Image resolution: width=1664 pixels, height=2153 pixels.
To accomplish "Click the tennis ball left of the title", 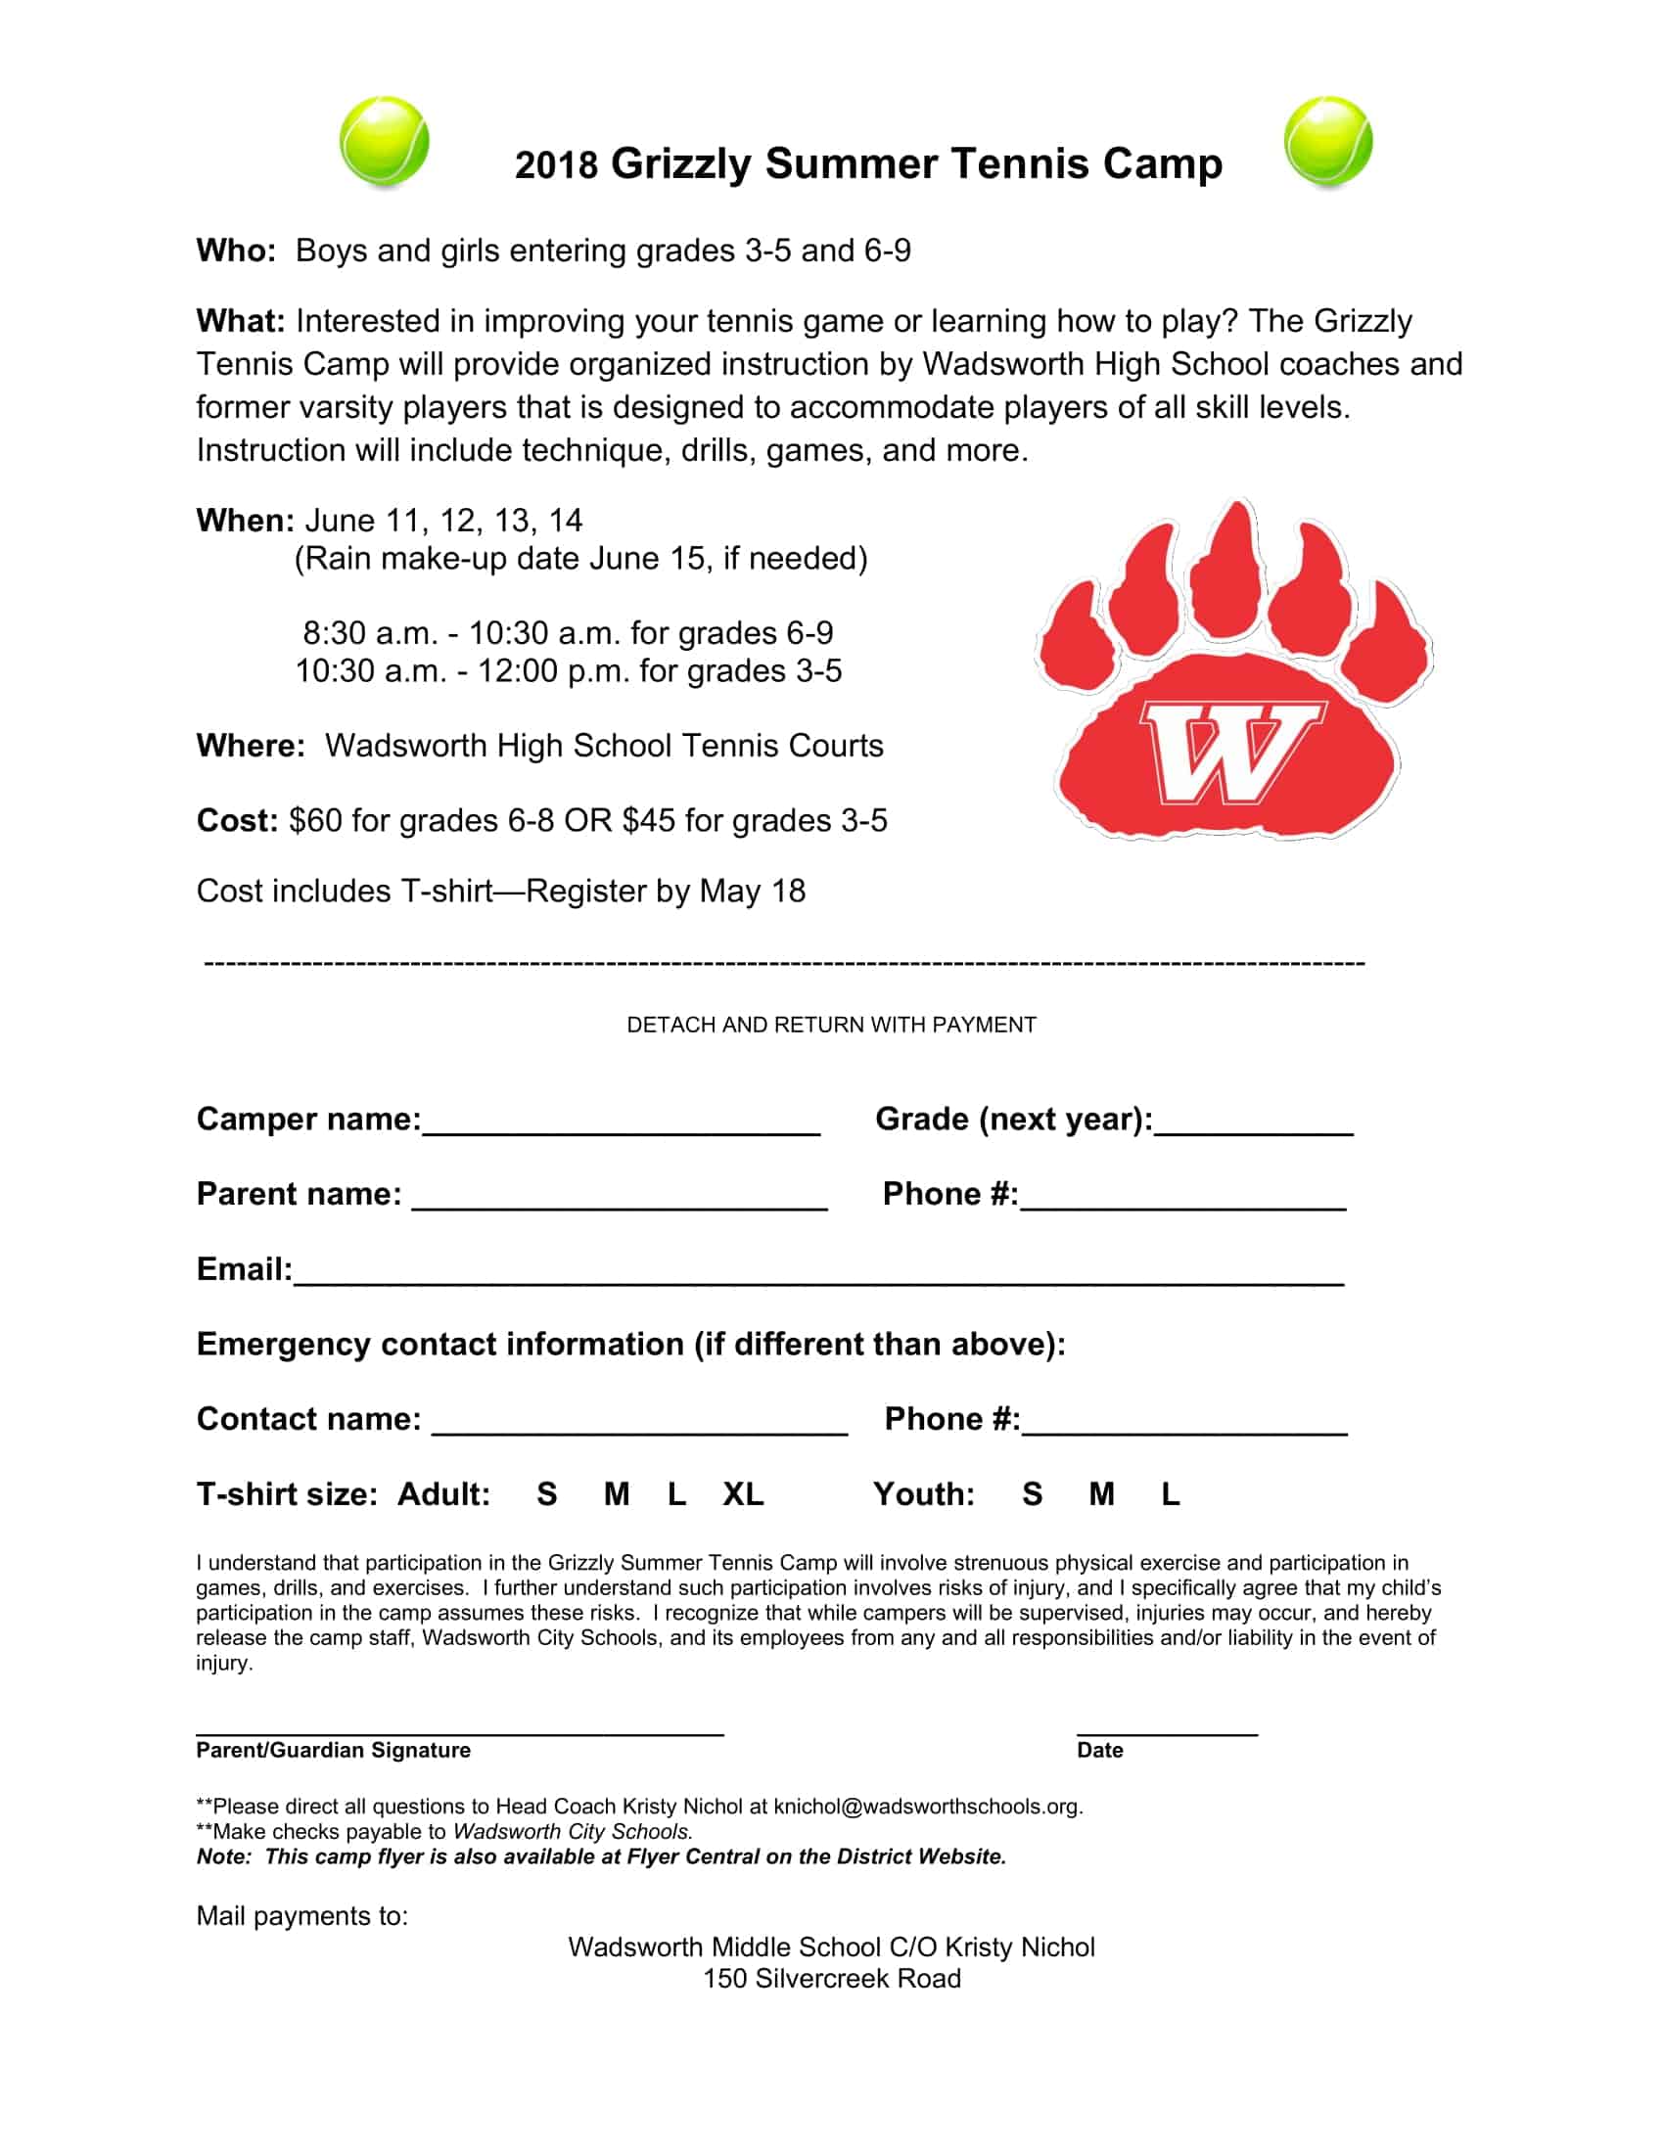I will [385, 141].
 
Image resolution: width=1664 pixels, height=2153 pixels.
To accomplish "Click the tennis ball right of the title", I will [1328, 141].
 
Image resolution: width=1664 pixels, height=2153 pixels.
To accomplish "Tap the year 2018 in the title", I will [556, 164].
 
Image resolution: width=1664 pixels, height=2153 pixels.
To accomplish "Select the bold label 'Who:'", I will [236, 251].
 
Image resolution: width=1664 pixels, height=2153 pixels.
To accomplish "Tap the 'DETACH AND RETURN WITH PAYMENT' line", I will [831, 1026].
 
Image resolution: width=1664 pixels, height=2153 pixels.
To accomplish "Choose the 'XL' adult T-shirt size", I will [743, 1494].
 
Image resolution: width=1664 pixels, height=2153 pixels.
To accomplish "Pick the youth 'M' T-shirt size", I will [1101, 1494].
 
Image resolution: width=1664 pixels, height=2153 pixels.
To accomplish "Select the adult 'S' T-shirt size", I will [547, 1494].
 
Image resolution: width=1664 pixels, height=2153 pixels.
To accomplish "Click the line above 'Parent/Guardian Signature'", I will [459, 1732].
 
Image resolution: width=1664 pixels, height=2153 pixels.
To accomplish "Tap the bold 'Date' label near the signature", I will [1099, 1750].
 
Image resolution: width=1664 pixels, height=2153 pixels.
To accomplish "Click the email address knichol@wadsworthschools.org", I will [927, 1806].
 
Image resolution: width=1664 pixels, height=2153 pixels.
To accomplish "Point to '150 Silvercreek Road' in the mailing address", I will [831, 1979].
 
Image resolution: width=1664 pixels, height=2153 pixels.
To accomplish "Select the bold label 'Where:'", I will [251, 746].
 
